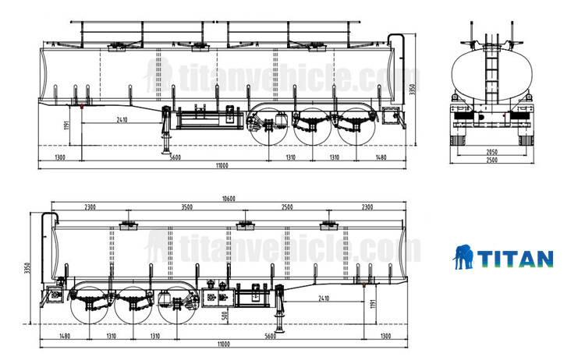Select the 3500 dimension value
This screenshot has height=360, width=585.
[186, 207]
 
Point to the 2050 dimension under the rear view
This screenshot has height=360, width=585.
[492, 151]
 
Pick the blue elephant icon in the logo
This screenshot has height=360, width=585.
[465, 258]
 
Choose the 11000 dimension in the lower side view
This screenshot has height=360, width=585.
[225, 344]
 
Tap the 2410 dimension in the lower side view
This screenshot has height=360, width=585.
[324, 298]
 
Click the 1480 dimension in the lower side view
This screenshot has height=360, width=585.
[64, 336]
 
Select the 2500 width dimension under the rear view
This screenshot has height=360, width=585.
[492, 161]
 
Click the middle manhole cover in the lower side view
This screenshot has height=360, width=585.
[243, 225]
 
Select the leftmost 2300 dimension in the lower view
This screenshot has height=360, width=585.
[89, 207]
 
